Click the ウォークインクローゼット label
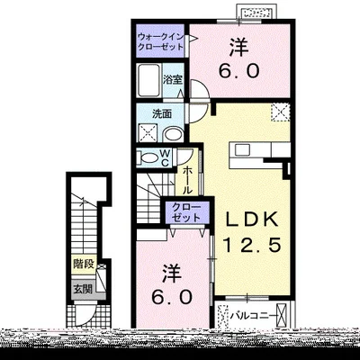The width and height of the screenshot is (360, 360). click(160, 41)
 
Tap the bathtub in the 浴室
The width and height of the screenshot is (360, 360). click(148, 80)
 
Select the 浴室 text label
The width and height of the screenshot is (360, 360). click(173, 80)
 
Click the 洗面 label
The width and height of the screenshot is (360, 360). click(161, 114)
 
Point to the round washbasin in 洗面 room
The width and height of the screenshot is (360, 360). click(174, 134)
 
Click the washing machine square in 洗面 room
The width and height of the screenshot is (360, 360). click(148, 133)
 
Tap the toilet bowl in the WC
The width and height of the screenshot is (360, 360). click(148, 158)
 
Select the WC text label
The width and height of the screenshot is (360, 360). click(166, 158)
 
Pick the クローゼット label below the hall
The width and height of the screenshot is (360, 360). click(186, 212)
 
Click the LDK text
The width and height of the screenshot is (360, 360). click(252, 220)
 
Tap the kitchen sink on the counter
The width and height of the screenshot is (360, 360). click(242, 149)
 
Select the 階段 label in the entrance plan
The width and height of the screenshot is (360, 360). click(84, 265)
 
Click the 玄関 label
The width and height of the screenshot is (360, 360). click(83, 289)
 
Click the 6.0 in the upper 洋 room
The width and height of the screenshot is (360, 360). click(238, 71)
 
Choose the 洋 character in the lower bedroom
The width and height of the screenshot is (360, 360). click(172, 274)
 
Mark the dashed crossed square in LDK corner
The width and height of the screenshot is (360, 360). click(281, 112)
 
